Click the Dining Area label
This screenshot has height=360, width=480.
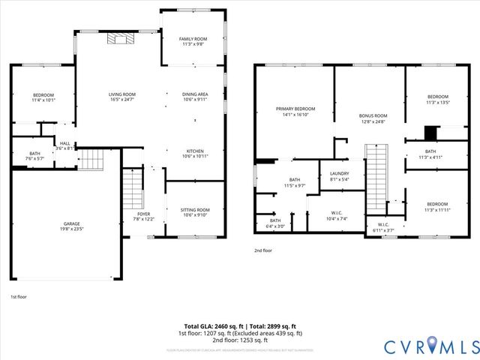tap(195, 94)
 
